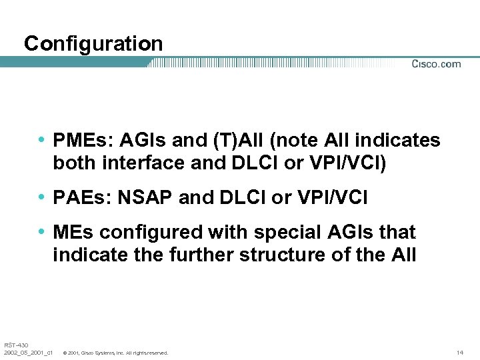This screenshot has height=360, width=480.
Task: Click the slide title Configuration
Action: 93,44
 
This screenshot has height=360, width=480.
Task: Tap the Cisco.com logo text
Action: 436,64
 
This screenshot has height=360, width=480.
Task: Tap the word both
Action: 73,163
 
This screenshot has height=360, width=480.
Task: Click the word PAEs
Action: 76,198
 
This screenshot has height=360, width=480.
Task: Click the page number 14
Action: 459,352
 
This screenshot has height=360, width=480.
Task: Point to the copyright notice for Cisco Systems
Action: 115,352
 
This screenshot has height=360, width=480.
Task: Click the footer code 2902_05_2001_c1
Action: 27,352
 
